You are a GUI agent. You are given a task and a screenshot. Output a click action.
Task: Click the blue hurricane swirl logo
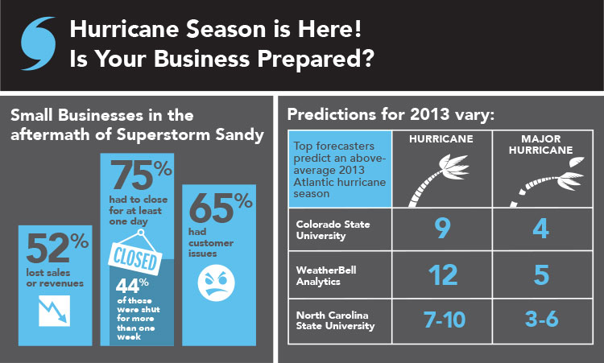point(38,43)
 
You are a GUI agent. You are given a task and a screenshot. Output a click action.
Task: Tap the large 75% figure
point(141,175)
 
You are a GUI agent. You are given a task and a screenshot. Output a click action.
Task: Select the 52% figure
point(57,248)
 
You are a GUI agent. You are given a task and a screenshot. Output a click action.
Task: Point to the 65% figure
point(221,207)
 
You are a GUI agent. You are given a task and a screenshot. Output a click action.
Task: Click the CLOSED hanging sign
point(135,255)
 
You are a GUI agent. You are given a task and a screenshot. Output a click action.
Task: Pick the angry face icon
point(216,283)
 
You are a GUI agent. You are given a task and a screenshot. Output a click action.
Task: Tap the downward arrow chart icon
point(54,311)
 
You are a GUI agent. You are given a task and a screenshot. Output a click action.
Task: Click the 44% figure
point(132,285)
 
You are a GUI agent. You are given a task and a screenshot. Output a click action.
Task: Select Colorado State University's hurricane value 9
point(442,229)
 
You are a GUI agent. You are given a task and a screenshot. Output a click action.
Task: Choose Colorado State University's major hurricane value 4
point(541,229)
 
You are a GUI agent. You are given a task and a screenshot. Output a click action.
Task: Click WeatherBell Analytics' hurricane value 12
point(443,274)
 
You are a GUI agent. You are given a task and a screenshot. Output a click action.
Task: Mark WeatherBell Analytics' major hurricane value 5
point(542,275)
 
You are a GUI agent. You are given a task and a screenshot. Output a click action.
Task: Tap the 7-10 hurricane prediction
point(445,320)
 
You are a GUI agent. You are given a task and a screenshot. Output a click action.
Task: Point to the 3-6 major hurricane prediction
point(542,319)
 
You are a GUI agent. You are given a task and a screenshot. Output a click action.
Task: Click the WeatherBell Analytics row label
point(326,275)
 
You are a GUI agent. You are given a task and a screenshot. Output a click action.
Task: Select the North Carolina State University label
point(335,320)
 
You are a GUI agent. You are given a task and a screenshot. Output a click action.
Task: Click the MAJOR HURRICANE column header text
point(541,144)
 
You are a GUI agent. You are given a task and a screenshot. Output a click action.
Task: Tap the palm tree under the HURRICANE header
point(438,180)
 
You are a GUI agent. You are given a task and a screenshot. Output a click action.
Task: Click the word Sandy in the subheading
point(240,135)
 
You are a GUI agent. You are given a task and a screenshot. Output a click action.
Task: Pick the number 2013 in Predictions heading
point(430,114)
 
